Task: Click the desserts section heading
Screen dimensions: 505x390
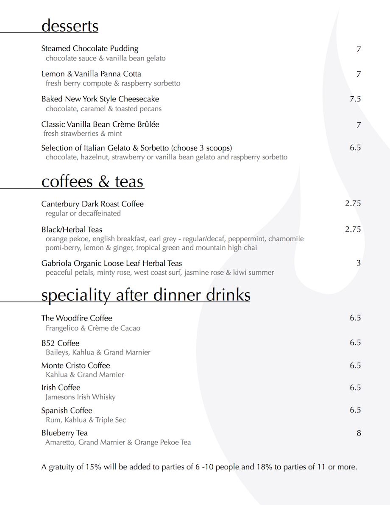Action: tap(70, 26)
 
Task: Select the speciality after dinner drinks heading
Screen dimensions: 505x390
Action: tap(146, 295)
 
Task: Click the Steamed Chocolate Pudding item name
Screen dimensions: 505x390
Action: tap(90, 49)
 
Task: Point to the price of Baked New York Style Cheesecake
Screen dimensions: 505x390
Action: tap(355, 99)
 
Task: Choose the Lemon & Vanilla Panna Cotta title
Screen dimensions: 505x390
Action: tap(91, 74)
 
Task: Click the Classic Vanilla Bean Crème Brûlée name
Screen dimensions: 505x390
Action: tap(100, 124)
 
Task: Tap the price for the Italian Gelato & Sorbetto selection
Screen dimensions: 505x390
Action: tap(355, 148)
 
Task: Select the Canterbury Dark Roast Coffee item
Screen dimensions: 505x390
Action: tap(92, 204)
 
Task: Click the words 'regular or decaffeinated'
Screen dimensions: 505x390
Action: tap(83, 213)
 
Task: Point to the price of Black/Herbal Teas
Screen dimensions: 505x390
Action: tap(353, 229)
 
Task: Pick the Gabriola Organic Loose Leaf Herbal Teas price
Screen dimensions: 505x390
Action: tap(359, 263)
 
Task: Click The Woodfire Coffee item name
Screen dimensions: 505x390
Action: tap(77, 318)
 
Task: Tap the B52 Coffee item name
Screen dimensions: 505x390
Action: tap(60, 343)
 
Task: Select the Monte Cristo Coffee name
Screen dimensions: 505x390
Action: tap(75, 365)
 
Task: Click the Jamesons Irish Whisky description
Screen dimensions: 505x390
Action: tap(81, 397)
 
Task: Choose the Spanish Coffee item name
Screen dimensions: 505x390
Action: tap(67, 410)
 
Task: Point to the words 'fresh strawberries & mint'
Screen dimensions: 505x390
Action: tap(83, 134)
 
